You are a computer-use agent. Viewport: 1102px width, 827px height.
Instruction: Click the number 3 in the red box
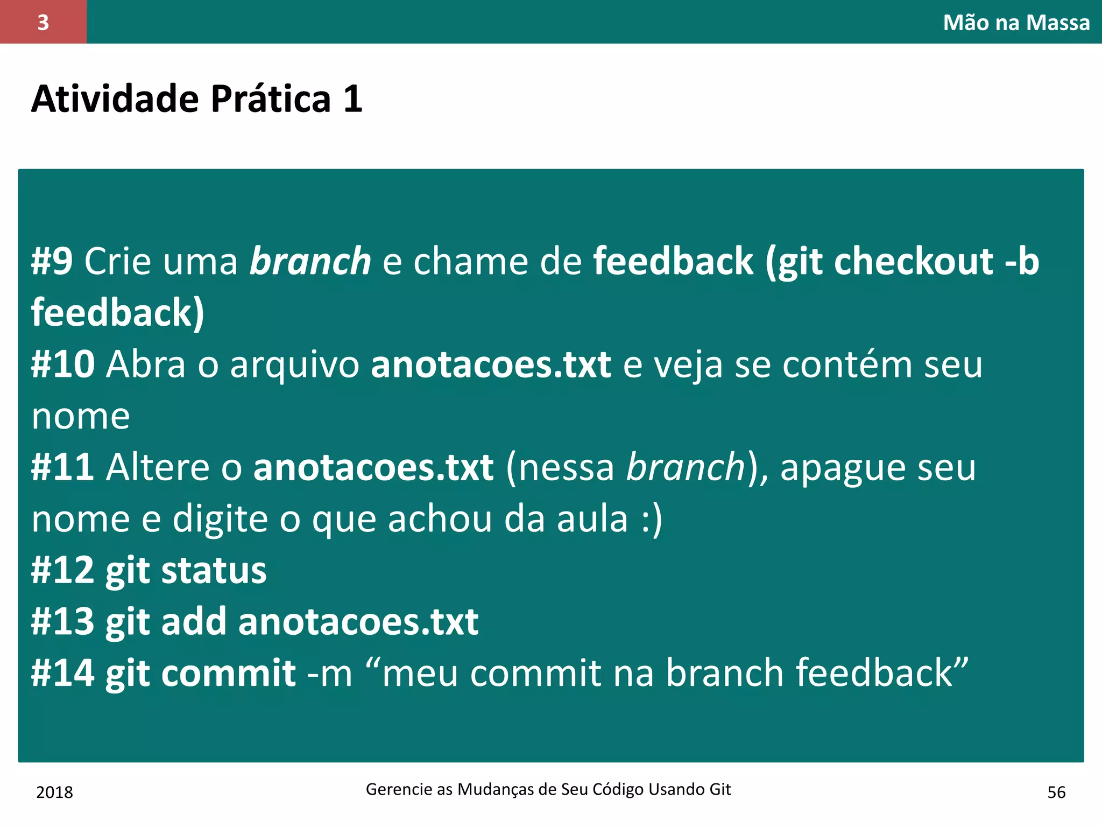[43, 23]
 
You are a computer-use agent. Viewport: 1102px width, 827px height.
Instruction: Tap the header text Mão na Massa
[1016, 23]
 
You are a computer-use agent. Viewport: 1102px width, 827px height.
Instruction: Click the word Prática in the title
[270, 99]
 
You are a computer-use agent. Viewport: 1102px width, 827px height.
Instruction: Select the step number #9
[52, 262]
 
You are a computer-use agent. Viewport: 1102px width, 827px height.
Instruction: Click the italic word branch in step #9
[310, 262]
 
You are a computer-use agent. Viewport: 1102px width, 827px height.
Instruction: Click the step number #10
[63, 365]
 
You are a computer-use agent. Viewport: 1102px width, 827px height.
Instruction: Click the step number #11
[63, 467]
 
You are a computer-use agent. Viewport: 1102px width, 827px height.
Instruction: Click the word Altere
[158, 467]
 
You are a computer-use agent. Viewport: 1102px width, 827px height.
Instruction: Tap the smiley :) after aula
[652, 520]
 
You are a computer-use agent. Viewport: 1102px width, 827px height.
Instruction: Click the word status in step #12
[214, 571]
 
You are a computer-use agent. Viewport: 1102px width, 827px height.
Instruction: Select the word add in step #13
[194, 622]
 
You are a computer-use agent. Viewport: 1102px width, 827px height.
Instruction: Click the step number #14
[63, 674]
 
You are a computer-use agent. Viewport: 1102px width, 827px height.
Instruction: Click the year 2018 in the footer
[54, 793]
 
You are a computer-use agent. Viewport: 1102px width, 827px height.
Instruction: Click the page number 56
[1056, 793]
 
